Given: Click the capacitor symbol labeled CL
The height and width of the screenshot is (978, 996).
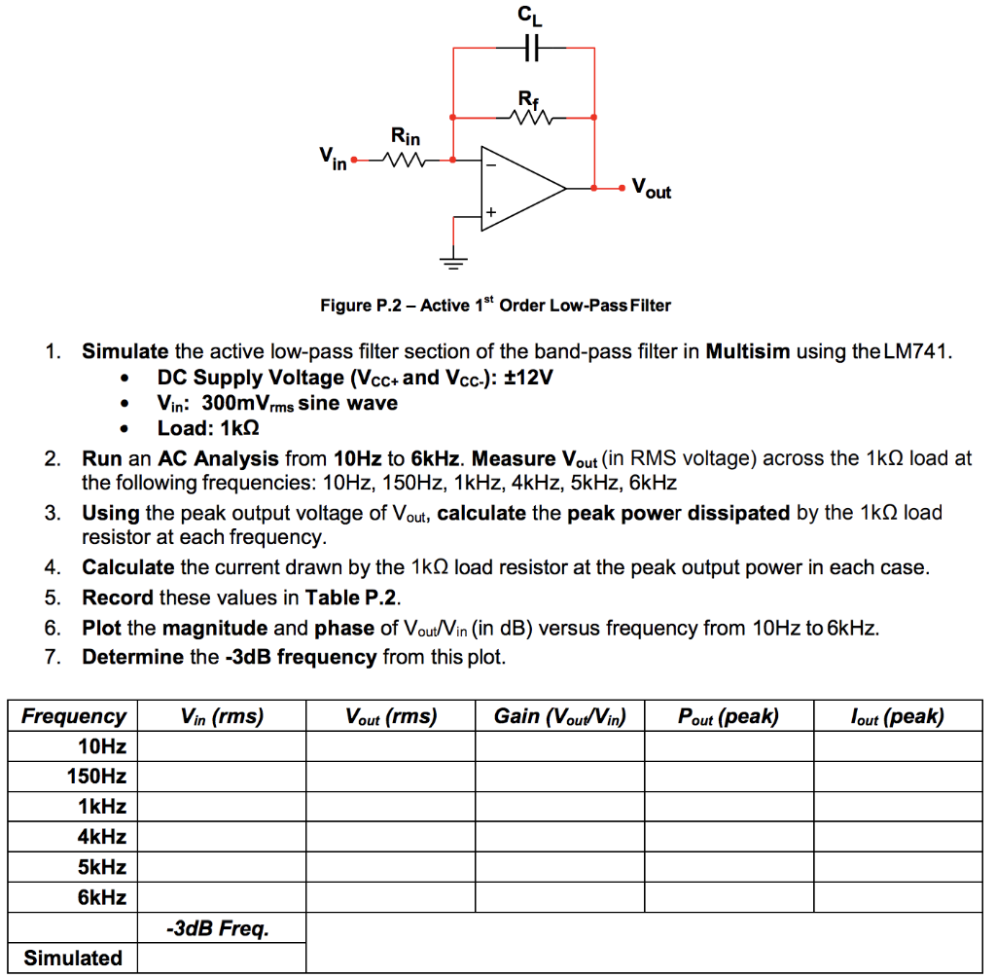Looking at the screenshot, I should (525, 48).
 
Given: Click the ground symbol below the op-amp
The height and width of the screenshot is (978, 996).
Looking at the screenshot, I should (453, 259).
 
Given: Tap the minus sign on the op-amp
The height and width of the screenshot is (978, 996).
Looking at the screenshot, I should (491, 165).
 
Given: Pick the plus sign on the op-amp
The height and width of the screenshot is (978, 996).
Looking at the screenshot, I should (491, 211).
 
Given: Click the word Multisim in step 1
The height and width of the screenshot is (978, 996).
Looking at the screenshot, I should (748, 351).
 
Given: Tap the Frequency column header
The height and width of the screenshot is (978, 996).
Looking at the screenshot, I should (74, 717).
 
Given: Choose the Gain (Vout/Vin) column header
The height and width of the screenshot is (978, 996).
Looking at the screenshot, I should (559, 717).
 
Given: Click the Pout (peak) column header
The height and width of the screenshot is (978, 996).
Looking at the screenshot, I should (729, 717).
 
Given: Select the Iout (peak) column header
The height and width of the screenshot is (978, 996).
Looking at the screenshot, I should (896, 717).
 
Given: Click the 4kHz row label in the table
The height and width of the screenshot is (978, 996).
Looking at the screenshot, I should (102, 836).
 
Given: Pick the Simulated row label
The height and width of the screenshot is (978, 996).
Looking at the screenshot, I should (73, 958).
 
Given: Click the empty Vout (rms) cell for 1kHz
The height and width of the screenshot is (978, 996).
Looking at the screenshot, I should (391, 807).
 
